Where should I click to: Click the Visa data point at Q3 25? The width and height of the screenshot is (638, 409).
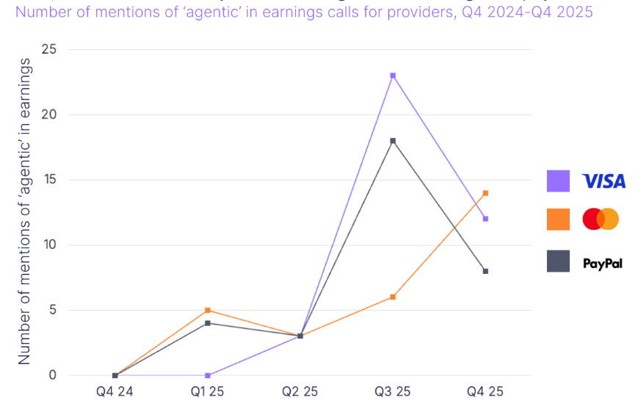pyautogui.click(x=393, y=76)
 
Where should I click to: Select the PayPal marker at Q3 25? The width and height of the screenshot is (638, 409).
pyautogui.click(x=393, y=141)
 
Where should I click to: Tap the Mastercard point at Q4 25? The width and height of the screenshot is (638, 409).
pyautogui.click(x=485, y=193)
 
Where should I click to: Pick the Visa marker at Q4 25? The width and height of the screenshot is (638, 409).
pyautogui.click(x=485, y=219)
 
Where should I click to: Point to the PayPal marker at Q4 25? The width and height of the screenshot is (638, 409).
pyautogui.click(x=485, y=271)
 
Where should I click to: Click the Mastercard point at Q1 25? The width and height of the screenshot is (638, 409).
pyautogui.click(x=208, y=311)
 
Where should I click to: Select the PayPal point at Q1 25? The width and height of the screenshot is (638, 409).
pyautogui.click(x=208, y=323)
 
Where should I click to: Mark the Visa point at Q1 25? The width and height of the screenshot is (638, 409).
pyautogui.click(x=208, y=375)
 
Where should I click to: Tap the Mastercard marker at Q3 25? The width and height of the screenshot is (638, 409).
pyautogui.click(x=393, y=297)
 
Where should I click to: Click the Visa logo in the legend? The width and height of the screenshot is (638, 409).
pyautogui.click(x=603, y=181)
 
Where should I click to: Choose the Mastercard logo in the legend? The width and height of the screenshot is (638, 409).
pyautogui.click(x=601, y=219)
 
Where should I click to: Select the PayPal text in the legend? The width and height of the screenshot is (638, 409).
pyautogui.click(x=602, y=262)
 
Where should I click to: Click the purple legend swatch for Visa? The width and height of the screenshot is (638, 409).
pyautogui.click(x=558, y=181)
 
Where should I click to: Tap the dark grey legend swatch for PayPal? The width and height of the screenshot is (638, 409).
pyautogui.click(x=558, y=261)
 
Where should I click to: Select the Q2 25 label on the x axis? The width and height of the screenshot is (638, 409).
pyautogui.click(x=300, y=392)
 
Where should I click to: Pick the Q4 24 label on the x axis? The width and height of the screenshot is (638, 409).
pyautogui.click(x=115, y=392)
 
